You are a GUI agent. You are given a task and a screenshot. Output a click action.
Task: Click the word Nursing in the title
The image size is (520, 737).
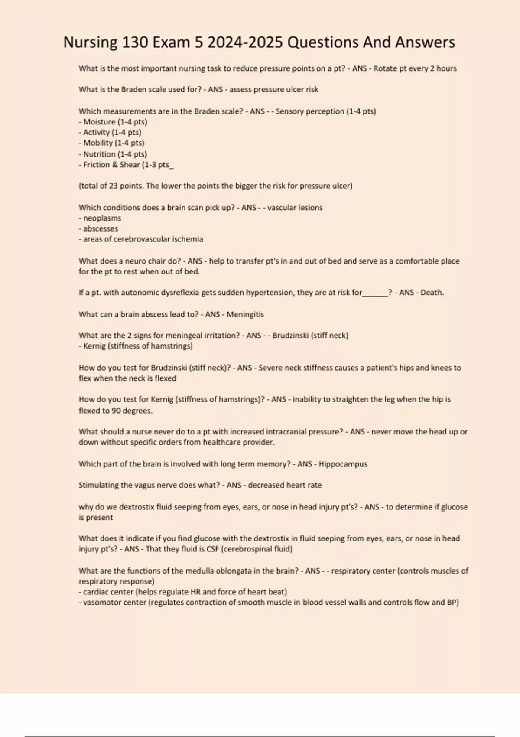click(90, 42)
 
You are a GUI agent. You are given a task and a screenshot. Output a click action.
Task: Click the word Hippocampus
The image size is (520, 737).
click(343, 464)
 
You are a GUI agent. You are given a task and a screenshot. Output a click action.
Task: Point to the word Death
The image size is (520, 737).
click(432, 293)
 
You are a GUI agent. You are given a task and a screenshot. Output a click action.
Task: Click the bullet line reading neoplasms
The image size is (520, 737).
click(102, 218)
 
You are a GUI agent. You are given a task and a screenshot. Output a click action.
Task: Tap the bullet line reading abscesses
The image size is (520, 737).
click(101, 228)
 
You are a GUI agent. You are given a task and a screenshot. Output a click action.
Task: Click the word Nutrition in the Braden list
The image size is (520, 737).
click(99, 154)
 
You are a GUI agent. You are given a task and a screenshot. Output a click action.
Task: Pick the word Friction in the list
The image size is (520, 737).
click(97, 165)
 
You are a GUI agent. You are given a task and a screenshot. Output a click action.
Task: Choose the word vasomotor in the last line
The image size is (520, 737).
click(99, 603)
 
